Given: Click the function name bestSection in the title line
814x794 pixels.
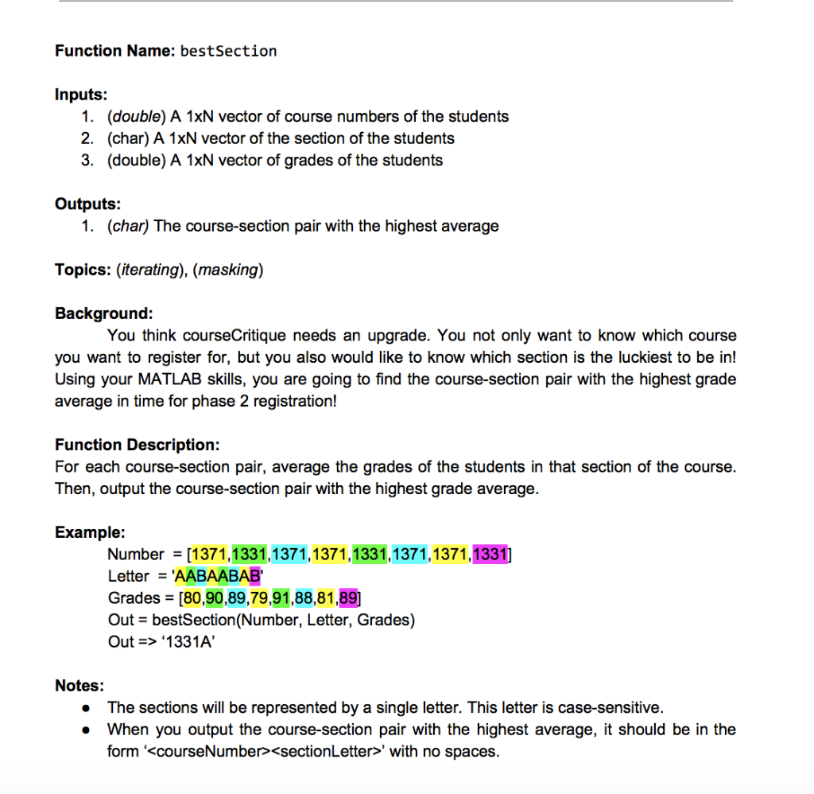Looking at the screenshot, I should pyautogui.click(x=229, y=52).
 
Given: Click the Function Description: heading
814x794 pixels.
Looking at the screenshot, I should pyautogui.click(x=137, y=445).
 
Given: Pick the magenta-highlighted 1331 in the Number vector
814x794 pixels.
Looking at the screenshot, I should pyautogui.click(x=490, y=554).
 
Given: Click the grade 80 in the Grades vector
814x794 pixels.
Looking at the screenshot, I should pyautogui.click(x=193, y=598).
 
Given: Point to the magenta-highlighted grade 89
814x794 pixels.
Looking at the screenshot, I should pyautogui.click(x=349, y=598).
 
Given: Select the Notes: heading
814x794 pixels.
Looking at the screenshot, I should pyautogui.click(x=79, y=686).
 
